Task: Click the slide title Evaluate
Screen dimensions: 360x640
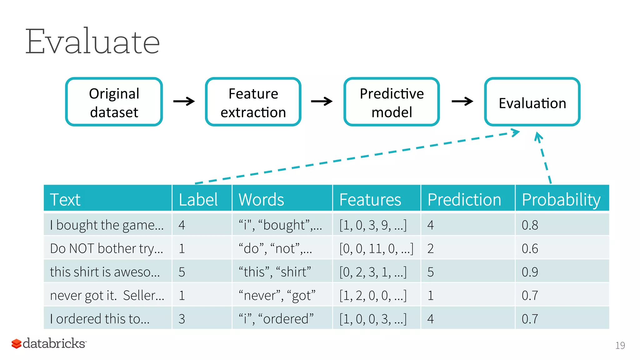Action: click(x=92, y=42)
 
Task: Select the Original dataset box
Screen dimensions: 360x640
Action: click(x=114, y=102)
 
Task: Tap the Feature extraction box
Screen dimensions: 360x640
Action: click(x=253, y=102)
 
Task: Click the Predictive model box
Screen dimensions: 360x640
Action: click(x=392, y=102)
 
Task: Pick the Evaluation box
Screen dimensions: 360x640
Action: click(x=532, y=102)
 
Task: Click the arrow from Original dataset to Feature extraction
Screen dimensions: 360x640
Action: click(x=184, y=101)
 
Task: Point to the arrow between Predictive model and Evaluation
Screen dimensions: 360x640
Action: click(x=462, y=101)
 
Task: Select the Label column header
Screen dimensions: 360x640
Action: click(x=198, y=199)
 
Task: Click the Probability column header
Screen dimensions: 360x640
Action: click(x=561, y=199)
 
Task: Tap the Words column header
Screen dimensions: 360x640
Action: click(x=261, y=199)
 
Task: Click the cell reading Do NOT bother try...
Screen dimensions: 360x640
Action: click(x=107, y=248)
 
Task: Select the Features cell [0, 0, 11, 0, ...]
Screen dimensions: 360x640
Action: click(x=376, y=248)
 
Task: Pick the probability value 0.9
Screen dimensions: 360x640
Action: click(x=530, y=272)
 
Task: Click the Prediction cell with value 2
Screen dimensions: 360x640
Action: click(x=431, y=248)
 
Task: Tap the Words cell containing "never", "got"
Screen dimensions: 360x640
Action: click(x=277, y=295)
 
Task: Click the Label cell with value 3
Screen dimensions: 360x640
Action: click(x=182, y=319)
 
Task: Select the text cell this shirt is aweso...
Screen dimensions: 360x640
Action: click(x=105, y=272)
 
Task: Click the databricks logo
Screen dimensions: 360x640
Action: click(x=49, y=343)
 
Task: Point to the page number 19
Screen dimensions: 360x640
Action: click(x=620, y=345)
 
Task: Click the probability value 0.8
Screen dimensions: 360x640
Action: click(x=530, y=225)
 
